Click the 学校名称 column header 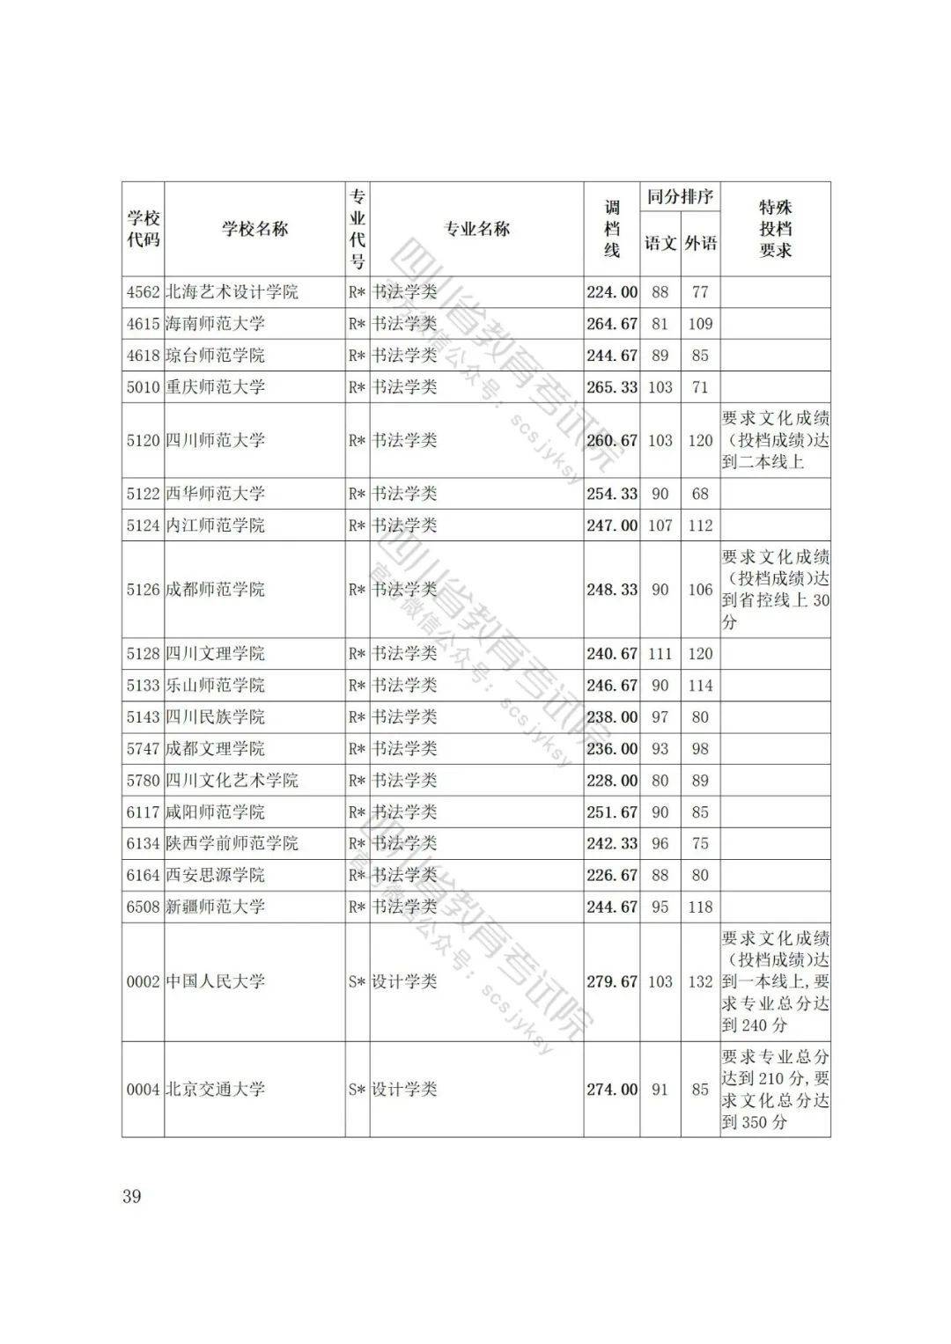[254, 230]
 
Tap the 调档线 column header [611, 230]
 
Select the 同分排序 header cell [680, 196]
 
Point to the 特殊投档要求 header [775, 230]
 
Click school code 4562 [143, 292]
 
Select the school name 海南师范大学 [215, 324]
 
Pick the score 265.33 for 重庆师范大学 [611, 387]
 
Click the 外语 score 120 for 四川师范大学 [700, 440]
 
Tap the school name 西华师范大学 [215, 494]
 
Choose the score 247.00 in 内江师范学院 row [611, 525]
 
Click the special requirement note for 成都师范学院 [775, 590]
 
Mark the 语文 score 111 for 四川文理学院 [660, 654]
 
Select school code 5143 [143, 717]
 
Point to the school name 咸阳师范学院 [215, 812]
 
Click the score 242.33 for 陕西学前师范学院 [611, 843]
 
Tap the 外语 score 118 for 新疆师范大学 [700, 907]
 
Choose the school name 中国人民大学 [215, 981]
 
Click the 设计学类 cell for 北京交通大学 [404, 1090]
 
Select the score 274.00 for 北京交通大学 [611, 1090]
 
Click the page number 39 [132, 1196]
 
